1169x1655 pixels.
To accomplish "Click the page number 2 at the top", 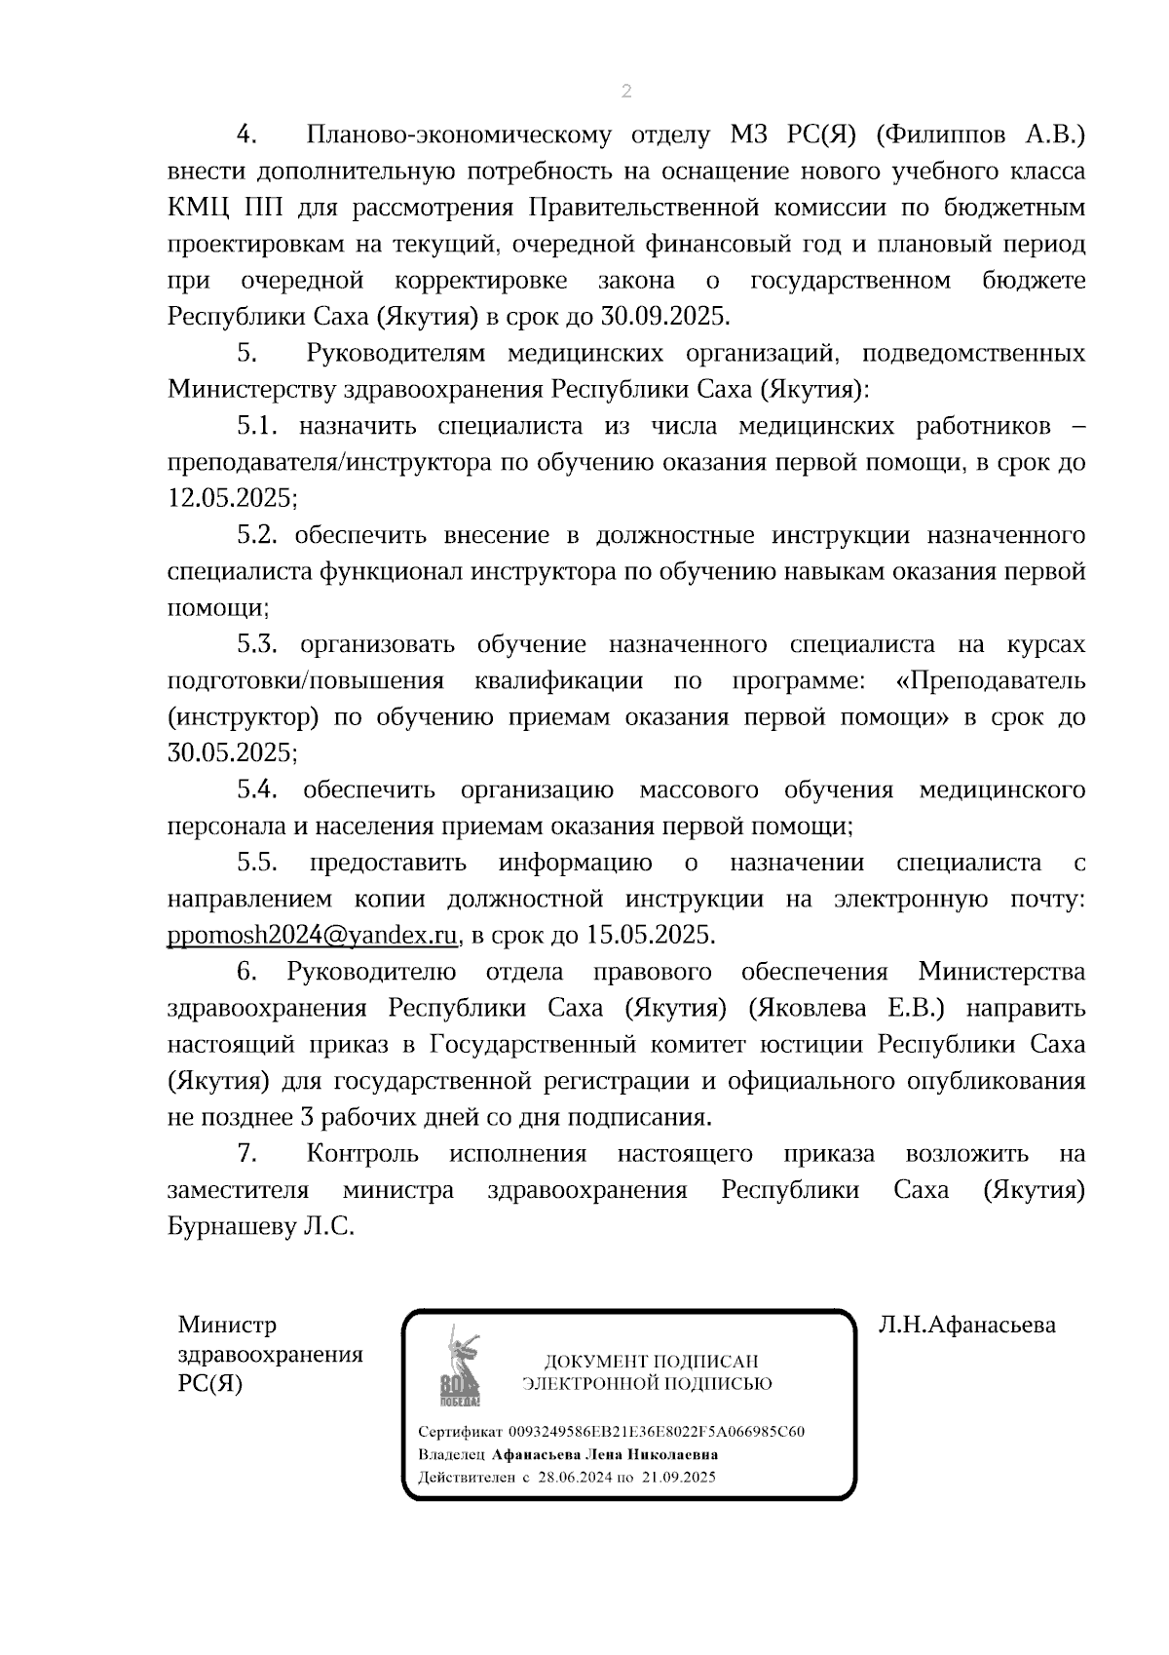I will (x=625, y=92).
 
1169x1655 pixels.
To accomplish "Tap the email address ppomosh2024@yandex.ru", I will (x=313, y=935).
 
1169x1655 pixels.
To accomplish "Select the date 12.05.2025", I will (x=229, y=498).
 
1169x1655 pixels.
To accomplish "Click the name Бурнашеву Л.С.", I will (x=261, y=1226).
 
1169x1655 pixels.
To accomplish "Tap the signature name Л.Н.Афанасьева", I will (x=966, y=1325).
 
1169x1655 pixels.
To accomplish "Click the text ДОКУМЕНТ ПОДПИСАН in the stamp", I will (x=651, y=1362).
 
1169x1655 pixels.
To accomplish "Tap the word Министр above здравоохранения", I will (x=227, y=1325).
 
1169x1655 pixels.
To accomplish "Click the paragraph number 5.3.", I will (x=257, y=644).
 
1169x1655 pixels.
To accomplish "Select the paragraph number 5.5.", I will (x=257, y=863).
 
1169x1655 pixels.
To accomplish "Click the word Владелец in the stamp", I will (x=451, y=1454).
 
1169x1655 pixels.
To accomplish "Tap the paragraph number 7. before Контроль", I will (x=246, y=1153).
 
